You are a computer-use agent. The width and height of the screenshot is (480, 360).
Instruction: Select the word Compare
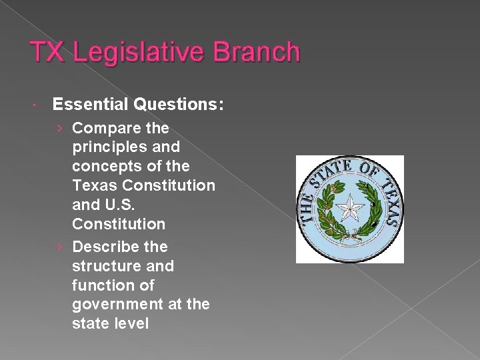[x=101, y=127]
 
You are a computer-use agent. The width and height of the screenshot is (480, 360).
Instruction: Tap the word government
[x=115, y=305]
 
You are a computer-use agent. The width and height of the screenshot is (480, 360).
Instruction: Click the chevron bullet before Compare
[x=59, y=127]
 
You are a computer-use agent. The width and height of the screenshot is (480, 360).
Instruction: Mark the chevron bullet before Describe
[x=59, y=247]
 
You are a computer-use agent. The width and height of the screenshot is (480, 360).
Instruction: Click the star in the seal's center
[x=349, y=209]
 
